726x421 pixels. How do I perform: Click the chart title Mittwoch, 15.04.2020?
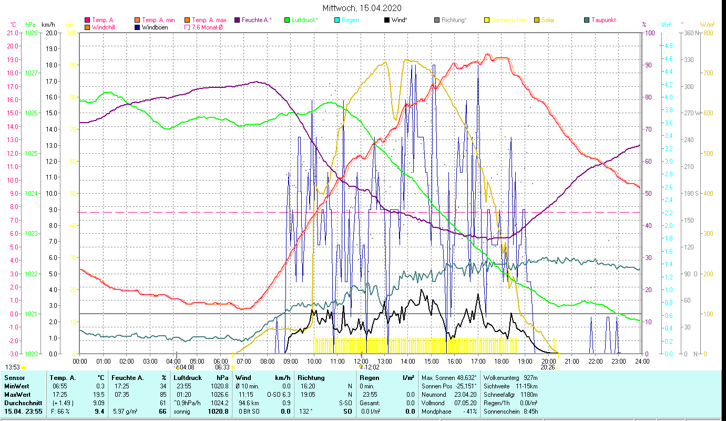click(363, 8)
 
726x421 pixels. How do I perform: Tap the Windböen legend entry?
click(155, 27)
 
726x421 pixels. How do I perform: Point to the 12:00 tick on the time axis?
click(361, 362)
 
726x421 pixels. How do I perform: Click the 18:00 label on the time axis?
click(502, 362)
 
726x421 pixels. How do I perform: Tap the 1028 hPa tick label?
click(31, 33)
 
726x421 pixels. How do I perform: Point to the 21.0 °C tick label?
click(12, 33)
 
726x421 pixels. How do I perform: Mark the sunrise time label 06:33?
click(222, 367)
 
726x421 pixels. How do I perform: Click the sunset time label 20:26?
click(548, 367)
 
